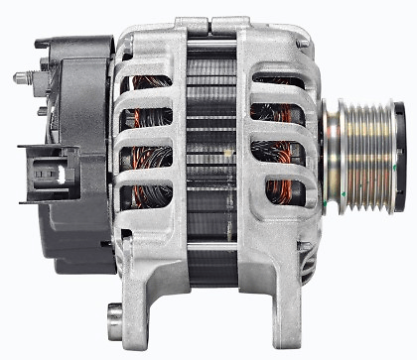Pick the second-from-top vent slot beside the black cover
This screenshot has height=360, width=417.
click(x=145, y=120)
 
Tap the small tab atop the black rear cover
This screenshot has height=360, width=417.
click(x=45, y=44)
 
